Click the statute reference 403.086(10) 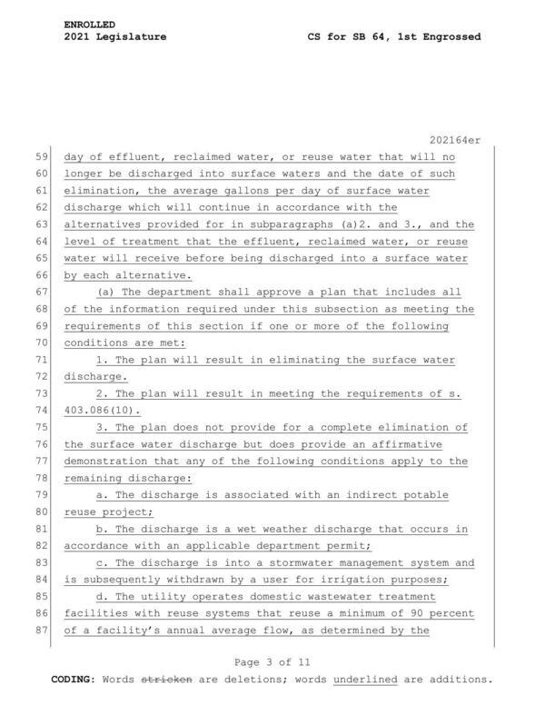102,410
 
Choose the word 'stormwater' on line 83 288,561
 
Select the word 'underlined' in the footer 364,679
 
